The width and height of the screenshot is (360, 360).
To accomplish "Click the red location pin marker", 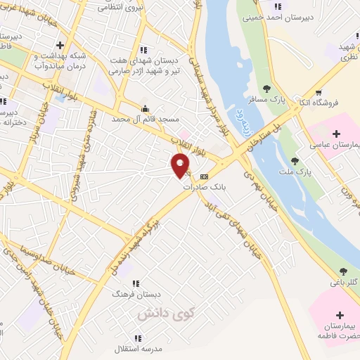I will pyautogui.click(x=181, y=166).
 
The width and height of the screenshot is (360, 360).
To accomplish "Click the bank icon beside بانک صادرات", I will pyautogui.click(x=204, y=176).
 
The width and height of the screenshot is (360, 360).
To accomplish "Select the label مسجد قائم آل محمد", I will pyautogui.click(x=146, y=120).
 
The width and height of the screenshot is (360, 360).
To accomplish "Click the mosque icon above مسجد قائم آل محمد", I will pyautogui.click(x=145, y=109).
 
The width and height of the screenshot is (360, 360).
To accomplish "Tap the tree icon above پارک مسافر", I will pyautogui.click(x=266, y=89).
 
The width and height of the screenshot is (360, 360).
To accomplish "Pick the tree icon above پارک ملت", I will pyautogui.click(x=304, y=160).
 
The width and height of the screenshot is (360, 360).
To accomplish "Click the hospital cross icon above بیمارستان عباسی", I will pyautogui.click(x=335, y=134).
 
